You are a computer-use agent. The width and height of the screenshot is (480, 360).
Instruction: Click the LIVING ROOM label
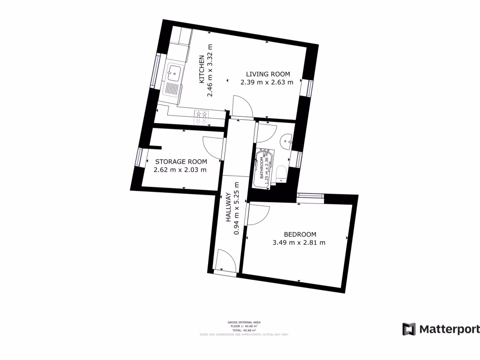pos(268,74)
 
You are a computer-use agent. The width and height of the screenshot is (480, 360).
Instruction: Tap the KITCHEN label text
pos(202,69)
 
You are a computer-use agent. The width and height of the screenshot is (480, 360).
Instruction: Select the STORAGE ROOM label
pos(181,162)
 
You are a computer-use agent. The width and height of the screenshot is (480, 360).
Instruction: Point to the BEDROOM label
pos(300,234)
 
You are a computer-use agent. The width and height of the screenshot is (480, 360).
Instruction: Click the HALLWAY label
pos(228,207)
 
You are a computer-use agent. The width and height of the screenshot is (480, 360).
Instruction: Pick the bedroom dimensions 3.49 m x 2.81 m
pos(299,243)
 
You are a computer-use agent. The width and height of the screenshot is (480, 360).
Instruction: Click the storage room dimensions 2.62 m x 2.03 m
pos(180,170)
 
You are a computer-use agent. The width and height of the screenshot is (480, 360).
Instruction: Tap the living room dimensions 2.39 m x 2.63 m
pos(267,82)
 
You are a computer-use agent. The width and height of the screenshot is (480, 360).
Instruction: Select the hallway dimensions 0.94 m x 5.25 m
pos(236,208)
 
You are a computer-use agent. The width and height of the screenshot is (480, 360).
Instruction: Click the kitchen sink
pos(175,73)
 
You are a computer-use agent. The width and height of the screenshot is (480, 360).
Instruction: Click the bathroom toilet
pos(281,172)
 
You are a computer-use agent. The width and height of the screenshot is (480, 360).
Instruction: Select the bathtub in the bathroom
pos(262,167)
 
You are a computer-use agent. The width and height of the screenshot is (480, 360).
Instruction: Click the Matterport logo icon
pos(409,329)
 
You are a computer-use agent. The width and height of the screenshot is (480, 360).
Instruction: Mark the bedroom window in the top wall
pos(310,195)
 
